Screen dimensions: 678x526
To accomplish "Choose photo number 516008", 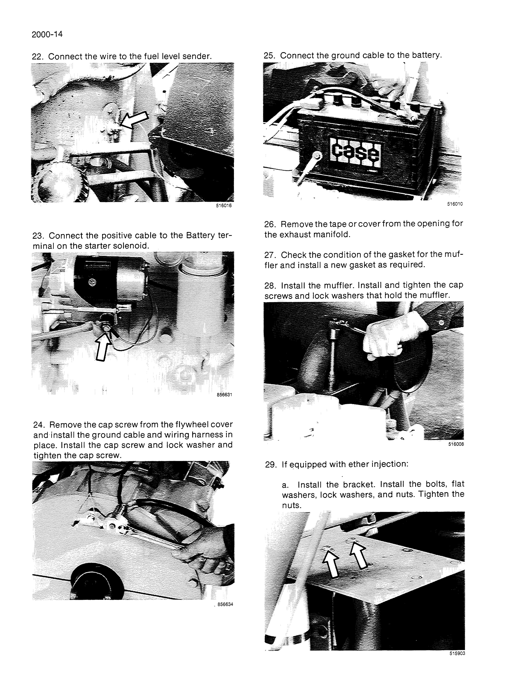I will point(456,444).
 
